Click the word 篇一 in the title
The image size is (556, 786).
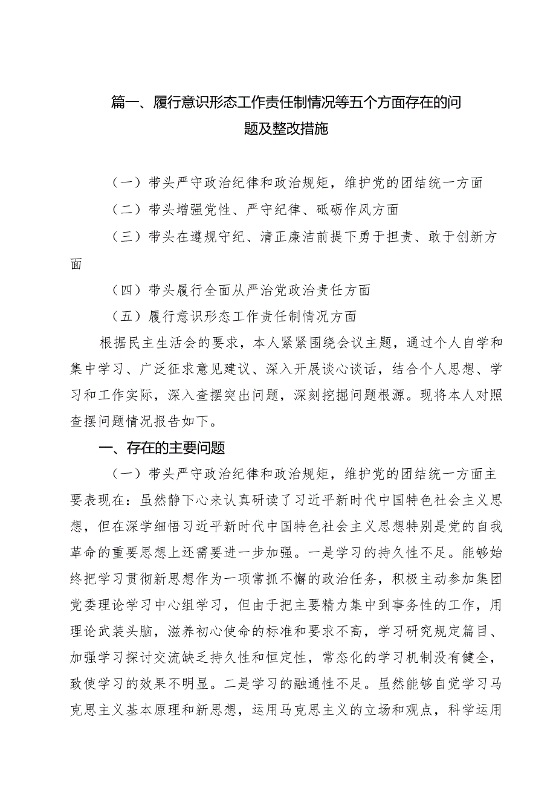[126, 103]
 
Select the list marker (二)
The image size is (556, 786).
[126, 210]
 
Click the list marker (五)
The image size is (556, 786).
[126, 316]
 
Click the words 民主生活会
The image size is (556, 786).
[172, 343]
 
